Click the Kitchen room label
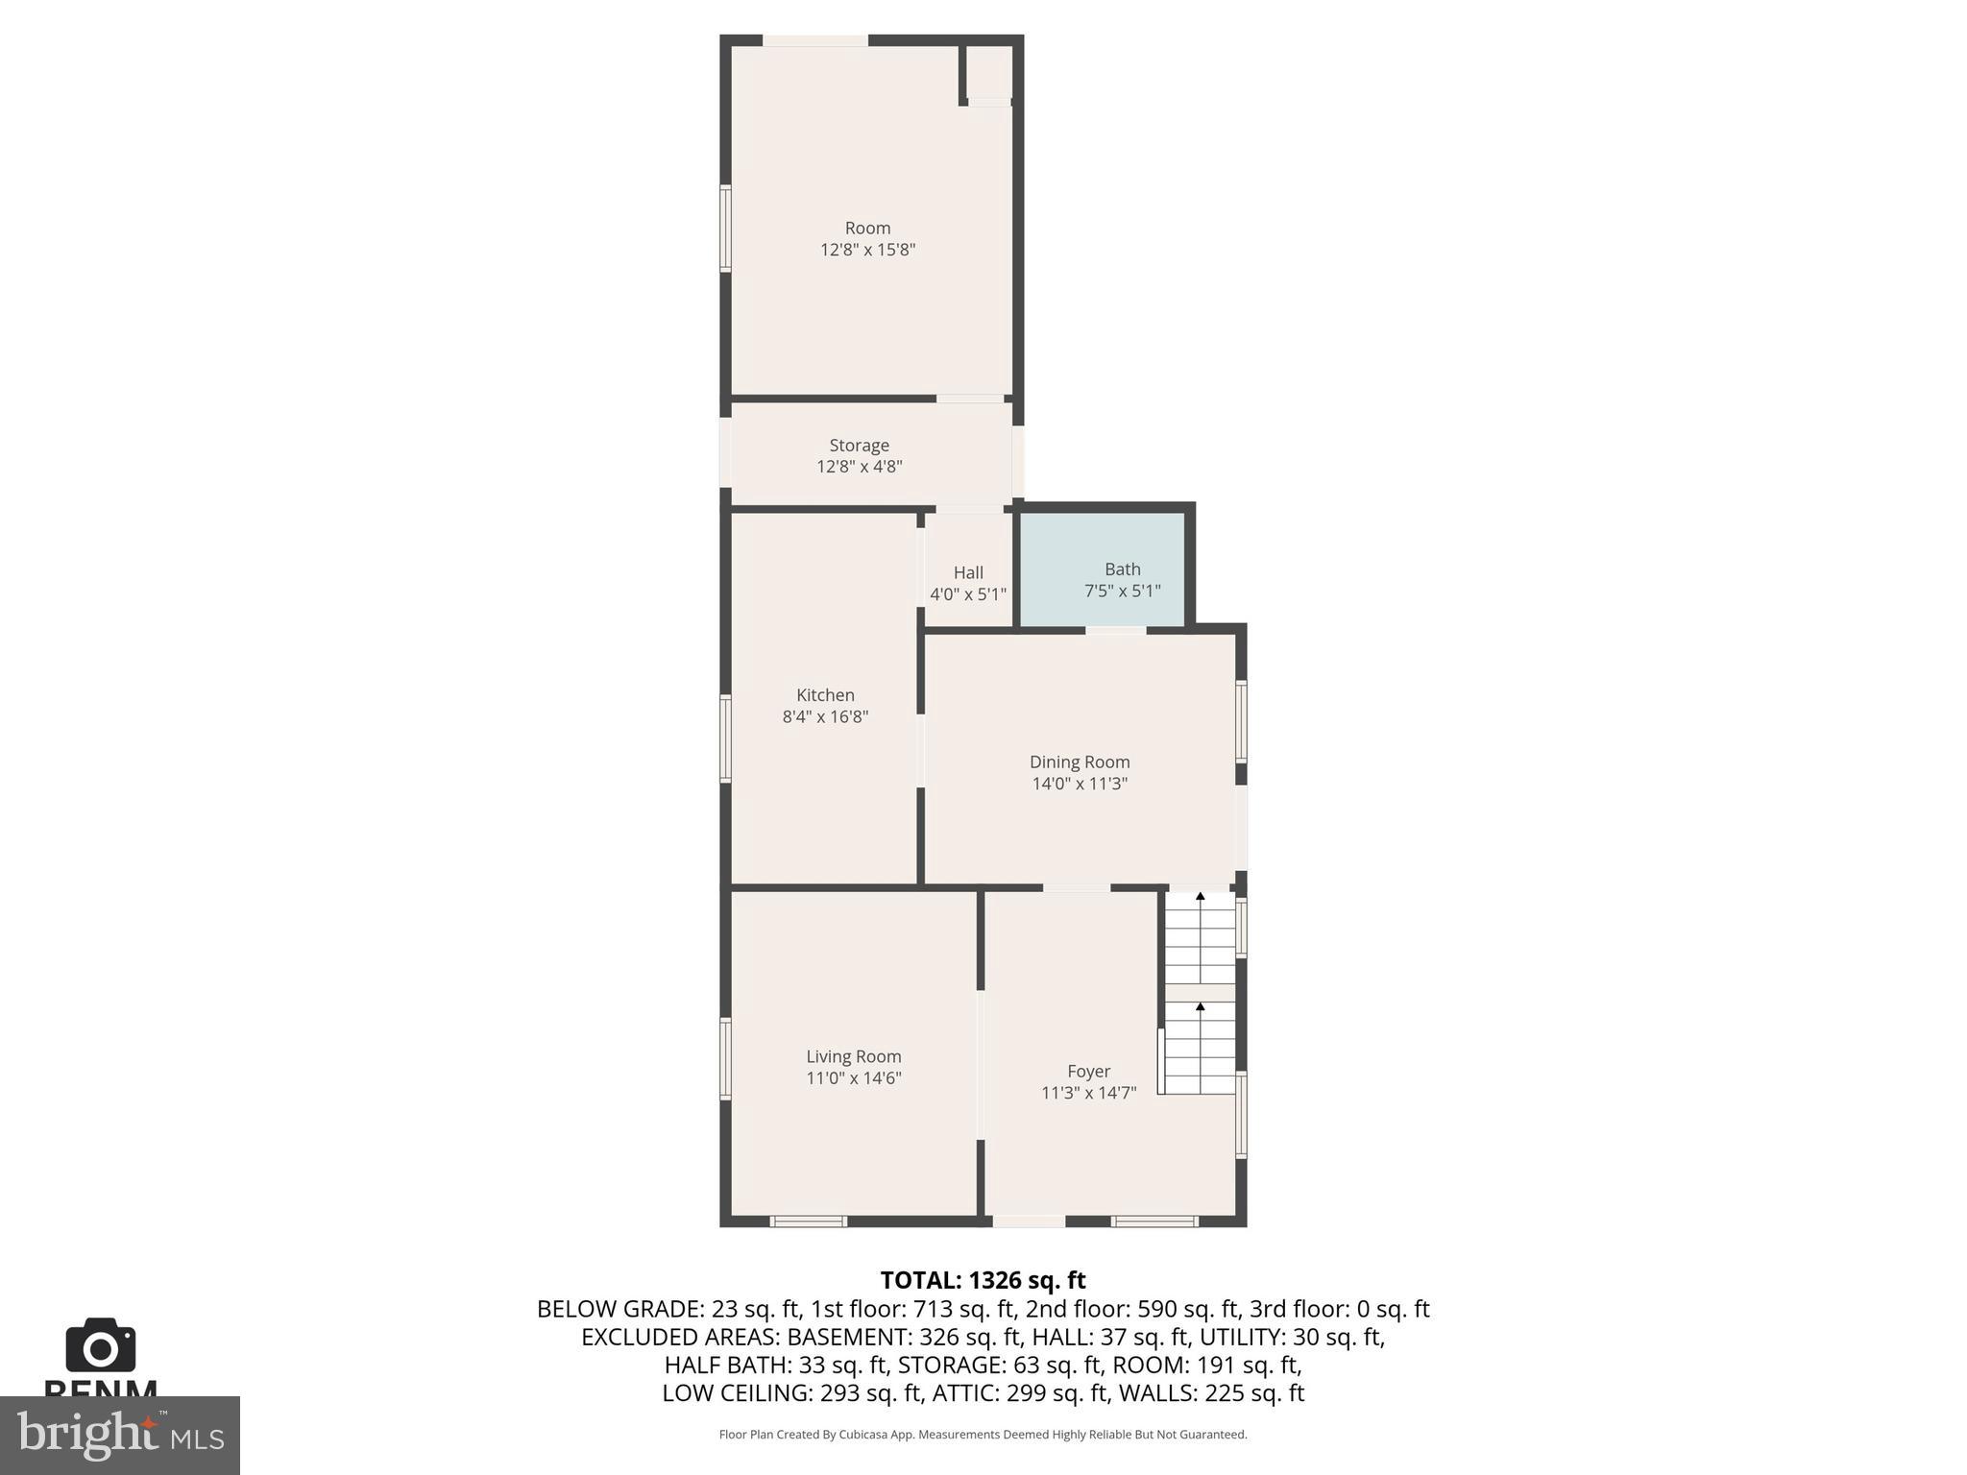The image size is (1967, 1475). pyautogui.click(x=825, y=695)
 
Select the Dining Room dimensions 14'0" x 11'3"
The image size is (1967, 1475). pyautogui.click(x=1080, y=784)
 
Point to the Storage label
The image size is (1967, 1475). pyautogui.click(x=859, y=446)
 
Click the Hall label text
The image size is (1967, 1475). pyautogui.click(x=968, y=572)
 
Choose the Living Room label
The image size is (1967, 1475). pyautogui.click(x=853, y=1056)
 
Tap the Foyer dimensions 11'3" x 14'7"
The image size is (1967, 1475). pyautogui.click(x=1088, y=1093)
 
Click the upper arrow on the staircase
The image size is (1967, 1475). pyautogui.click(x=1200, y=897)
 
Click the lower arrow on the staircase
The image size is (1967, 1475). pyautogui.click(x=1200, y=1006)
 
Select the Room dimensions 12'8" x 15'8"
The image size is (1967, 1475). pyautogui.click(x=867, y=250)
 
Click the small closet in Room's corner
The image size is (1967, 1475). pyautogui.click(x=988, y=72)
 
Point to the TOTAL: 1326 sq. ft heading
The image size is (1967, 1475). pyautogui.click(x=983, y=1280)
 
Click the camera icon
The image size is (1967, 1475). pyautogui.click(x=100, y=1346)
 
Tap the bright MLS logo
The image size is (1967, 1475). pyautogui.click(x=119, y=1435)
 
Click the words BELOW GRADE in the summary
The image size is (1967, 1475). pyautogui.click(x=619, y=1309)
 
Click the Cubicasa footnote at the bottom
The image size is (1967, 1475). pyautogui.click(x=983, y=1435)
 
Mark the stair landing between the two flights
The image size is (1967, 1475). pyautogui.click(x=1200, y=992)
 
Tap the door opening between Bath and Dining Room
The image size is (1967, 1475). pyautogui.click(x=1115, y=630)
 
